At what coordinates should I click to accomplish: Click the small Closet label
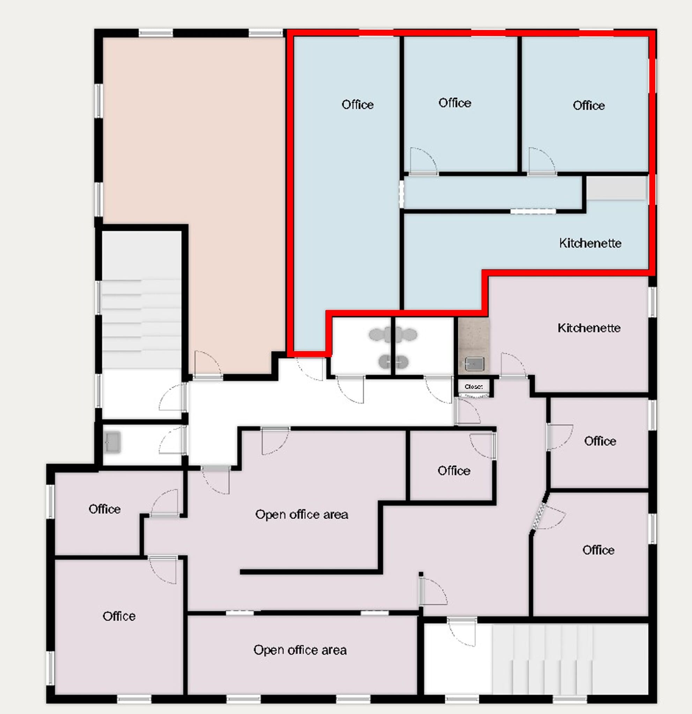tap(474, 387)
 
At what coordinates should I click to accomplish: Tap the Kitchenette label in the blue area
tap(590, 243)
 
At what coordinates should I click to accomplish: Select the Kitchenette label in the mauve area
tap(589, 328)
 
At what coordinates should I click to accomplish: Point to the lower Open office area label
tap(300, 650)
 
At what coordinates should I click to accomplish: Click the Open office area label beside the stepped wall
tap(302, 514)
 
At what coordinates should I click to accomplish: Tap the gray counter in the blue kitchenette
tap(616, 188)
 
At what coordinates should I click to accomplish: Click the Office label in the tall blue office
tap(357, 105)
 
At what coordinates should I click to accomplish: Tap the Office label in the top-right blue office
tap(588, 106)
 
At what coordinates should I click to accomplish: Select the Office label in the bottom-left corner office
tap(119, 616)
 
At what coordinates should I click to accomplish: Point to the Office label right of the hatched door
tap(598, 550)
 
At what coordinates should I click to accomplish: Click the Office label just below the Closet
tap(454, 471)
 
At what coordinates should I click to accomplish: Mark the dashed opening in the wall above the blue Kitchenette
tap(533, 211)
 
